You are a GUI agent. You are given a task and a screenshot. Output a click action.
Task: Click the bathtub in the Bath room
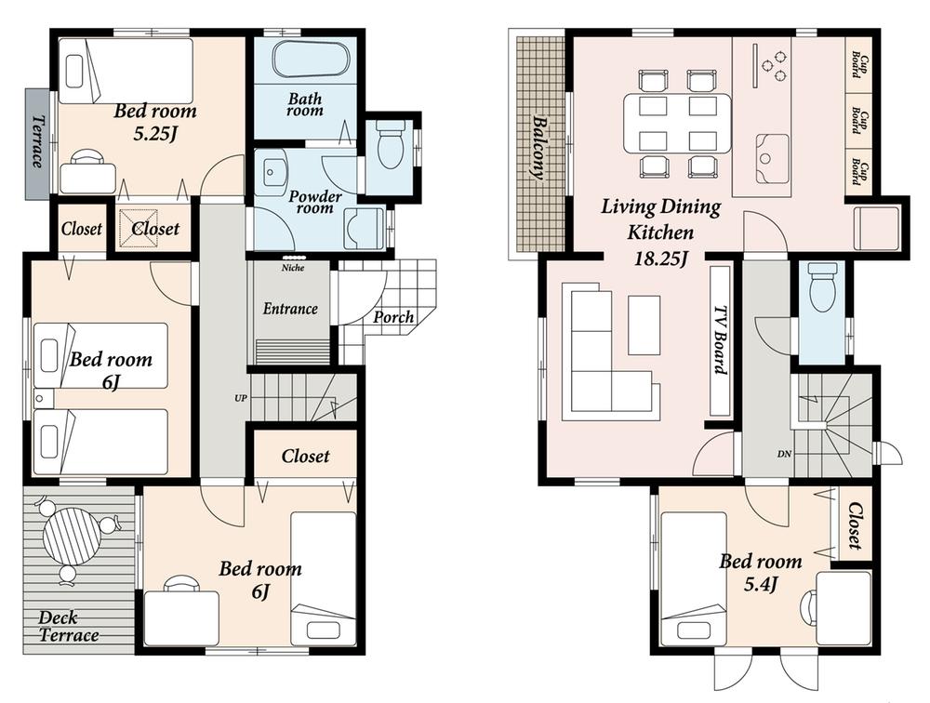[x=310, y=63]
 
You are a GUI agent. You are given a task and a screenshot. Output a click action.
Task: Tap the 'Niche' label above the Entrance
[x=292, y=268]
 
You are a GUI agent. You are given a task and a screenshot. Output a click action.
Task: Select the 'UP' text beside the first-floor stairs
[x=240, y=398]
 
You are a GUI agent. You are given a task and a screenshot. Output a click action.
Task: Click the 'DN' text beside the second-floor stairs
[x=783, y=455]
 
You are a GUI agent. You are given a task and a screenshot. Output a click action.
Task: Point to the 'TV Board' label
[x=720, y=339]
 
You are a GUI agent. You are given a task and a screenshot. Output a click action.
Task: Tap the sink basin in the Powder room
[x=274, y=174]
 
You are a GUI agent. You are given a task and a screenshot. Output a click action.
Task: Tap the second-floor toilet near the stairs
[x=823, y=289]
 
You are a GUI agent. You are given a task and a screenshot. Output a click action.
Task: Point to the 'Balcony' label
[x=539, y=148]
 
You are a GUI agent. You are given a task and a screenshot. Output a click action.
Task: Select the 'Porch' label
[x=393, y=317]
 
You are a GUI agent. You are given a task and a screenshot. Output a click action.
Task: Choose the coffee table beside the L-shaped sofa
[x=644, y=325]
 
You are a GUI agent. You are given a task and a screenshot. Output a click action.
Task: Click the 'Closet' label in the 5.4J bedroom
[x=857, y=527]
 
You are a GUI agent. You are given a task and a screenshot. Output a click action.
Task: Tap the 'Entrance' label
[x=290, y=309]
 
